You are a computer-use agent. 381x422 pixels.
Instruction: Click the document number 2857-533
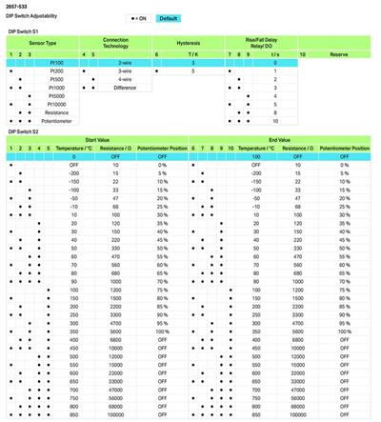(x=15, y=8)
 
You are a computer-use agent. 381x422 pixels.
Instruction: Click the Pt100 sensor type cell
(x=55, y=62)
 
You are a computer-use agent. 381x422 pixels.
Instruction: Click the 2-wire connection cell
(x=125, y=62)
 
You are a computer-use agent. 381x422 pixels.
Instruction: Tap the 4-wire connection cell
(x=125, y=78)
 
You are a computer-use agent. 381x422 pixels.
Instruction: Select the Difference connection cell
(x=125, y=87)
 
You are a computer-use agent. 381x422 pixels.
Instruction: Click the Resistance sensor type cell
(x=55, y=111)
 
